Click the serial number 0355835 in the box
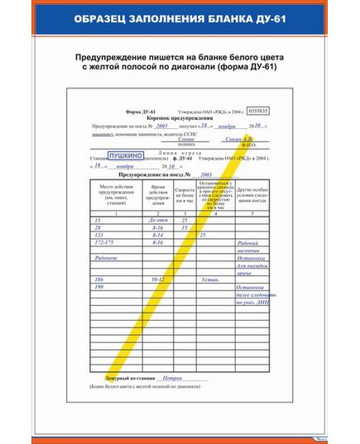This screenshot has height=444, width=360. [x=259, y=109]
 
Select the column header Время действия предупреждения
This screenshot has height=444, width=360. [x=158, y=195]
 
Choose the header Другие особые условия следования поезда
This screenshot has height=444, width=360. [x=254, y=195]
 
